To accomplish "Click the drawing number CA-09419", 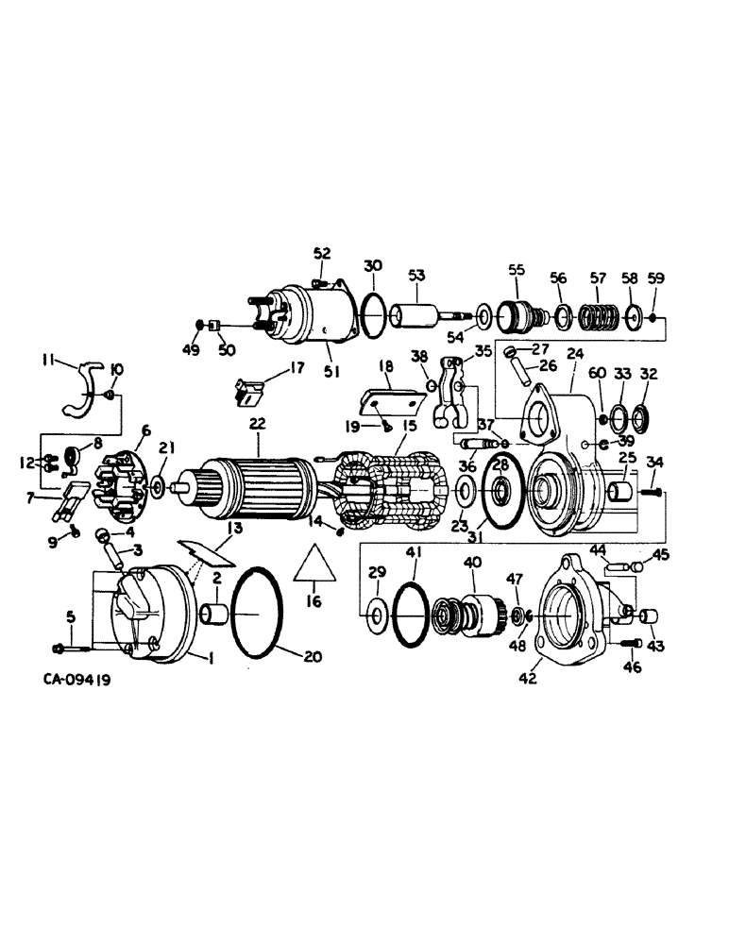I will click(x=76, y=679).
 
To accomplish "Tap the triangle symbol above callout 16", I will click(x=312, y=565).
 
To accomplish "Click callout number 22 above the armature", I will click(x=257, y=425).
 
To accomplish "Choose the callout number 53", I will click(x=416, y=275).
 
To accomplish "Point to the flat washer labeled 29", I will click(x=375, y=616).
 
